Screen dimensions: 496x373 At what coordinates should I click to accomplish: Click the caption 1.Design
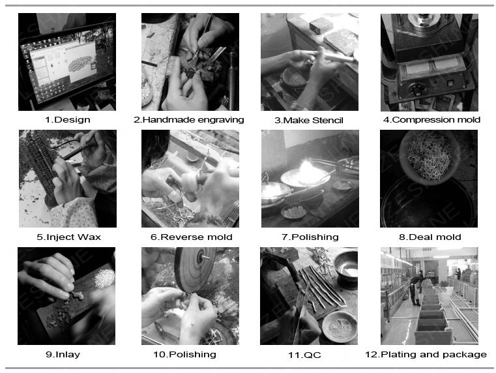click(67, 120)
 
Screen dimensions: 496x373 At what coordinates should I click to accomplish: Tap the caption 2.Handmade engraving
click(189, 120)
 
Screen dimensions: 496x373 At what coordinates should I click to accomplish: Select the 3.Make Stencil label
click(309, 121)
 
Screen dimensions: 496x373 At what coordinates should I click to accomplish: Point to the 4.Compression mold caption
click(431, 120)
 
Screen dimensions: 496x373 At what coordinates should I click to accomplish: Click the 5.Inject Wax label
click(68, 237)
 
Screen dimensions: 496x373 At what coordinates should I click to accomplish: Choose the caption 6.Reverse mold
click(192, 237)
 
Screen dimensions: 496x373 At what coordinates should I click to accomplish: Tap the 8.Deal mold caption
click(430, 237)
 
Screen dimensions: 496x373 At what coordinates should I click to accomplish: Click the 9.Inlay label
click(63, 354)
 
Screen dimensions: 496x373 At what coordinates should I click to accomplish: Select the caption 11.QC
click(304, 355)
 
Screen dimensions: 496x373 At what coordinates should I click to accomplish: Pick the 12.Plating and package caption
click(426, 354)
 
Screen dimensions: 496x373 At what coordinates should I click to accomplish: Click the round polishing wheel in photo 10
click(194, 269)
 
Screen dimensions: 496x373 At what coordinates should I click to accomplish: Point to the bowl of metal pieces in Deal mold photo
click(430, 156)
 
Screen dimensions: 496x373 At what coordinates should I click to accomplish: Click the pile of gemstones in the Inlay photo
click(104, 278)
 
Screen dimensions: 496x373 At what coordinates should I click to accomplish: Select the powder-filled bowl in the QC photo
click(340, 327)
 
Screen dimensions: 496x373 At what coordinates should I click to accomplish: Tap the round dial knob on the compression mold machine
click(415, 90)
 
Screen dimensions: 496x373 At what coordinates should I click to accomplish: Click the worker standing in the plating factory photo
click(415, 290)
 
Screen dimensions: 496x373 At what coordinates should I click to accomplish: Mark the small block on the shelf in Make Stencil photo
click(321, 25)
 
